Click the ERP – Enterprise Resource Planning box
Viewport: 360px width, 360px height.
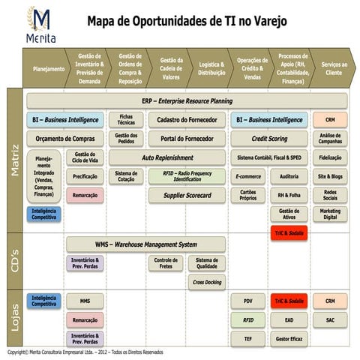coord(187,100)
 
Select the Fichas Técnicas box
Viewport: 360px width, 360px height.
coord(125,119)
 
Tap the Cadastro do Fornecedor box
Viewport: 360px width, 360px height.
coord(186,119)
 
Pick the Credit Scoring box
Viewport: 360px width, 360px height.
coord(268,139)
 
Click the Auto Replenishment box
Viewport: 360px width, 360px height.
coord(167,158)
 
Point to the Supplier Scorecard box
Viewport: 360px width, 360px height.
coord(186,195)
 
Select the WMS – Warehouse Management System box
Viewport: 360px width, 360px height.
coord(145,244)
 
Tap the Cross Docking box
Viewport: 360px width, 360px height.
coord(206,282)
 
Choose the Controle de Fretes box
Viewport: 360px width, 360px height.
coord(166,262)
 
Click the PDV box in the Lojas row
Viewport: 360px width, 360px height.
coord(247,301)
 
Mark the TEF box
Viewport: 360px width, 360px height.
coord(247,338)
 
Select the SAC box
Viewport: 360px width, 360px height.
coord(330,319)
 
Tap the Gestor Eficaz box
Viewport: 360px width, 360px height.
coord(289,338)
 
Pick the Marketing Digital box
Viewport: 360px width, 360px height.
coord(330,214)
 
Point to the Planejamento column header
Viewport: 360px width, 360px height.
coord(48,68)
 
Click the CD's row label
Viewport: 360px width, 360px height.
coord(13,263)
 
